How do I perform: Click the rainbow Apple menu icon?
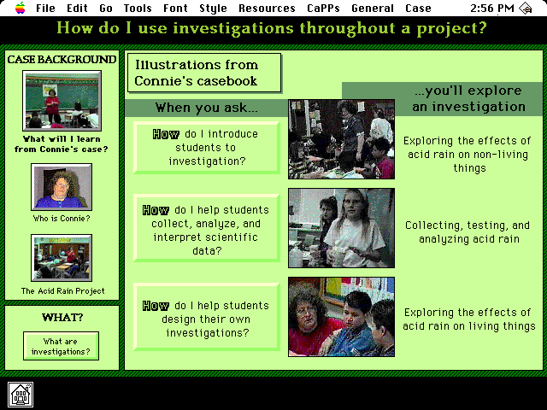[21, 8]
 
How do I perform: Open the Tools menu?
[138, 8]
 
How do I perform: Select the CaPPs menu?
[323, 8]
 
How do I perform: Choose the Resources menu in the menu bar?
[267, 8]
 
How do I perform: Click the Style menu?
[213, 8]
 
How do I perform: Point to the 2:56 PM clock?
[492, 8]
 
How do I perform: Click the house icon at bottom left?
[21, 395]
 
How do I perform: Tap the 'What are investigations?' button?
[61, 346]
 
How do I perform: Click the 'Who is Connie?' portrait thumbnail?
[62, 187]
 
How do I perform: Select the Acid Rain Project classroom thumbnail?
[62, 258]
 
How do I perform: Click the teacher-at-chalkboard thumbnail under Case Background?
[62, 101]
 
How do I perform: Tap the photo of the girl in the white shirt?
[342, 228]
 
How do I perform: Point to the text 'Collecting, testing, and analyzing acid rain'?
[468, 231]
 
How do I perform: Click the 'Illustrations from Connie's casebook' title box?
[204, 73]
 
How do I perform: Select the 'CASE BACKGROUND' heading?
[62, 60]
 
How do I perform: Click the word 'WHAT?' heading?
[62, 317]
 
